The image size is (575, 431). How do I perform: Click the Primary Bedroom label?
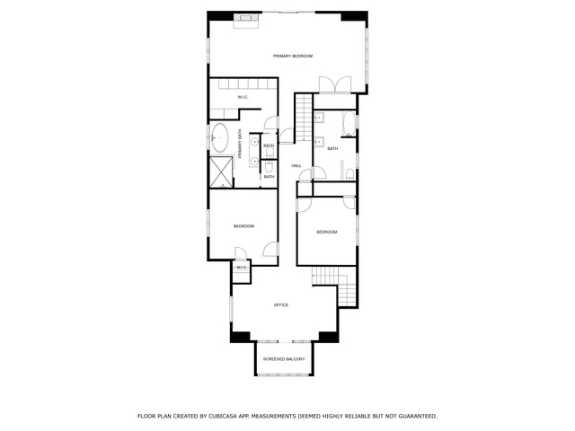293,56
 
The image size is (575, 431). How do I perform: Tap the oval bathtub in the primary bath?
219,137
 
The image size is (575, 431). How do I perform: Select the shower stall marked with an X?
221,172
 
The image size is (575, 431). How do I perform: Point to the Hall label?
296,166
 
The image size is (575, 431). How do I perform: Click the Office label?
281,305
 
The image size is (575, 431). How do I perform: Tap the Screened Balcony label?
284,359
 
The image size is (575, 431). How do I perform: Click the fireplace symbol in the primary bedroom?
248,20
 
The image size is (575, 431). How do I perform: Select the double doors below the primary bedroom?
335,85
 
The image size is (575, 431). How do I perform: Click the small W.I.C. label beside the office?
242,268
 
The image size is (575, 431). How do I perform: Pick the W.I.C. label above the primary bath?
243,97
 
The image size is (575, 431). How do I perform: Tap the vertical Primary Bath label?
240,144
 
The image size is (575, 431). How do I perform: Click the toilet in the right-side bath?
349,174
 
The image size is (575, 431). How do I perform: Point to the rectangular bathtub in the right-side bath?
349,124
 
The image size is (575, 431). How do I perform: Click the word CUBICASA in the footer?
221,417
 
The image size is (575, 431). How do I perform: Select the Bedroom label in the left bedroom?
243,226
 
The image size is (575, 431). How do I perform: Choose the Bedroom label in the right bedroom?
327,232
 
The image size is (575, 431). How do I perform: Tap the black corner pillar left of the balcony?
240,337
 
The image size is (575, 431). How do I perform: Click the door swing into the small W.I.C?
241,253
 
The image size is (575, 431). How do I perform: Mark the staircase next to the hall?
304,118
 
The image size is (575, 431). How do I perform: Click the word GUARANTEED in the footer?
418,417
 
